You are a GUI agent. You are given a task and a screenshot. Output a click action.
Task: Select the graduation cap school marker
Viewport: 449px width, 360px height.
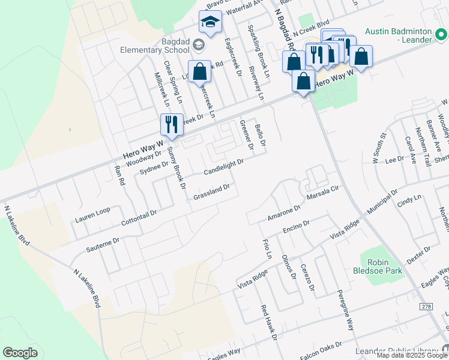coord(211,23)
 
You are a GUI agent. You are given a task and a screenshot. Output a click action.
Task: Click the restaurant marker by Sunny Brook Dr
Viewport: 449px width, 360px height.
coord(172,125)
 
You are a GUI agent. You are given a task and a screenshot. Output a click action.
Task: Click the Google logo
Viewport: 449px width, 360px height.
coord(20,353)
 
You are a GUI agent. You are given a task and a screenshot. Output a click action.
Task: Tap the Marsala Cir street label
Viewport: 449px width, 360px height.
coord(324,196)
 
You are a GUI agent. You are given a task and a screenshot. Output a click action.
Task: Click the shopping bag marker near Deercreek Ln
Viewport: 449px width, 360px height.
coord(199,72)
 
